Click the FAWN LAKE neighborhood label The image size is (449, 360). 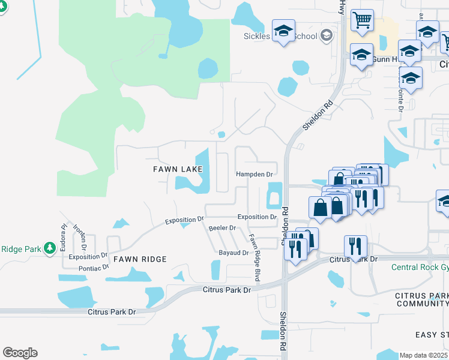177,170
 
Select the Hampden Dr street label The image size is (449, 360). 254,175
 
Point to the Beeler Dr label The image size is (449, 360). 222,228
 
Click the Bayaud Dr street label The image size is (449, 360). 234,253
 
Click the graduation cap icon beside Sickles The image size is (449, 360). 283,31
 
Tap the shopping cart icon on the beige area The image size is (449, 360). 362,20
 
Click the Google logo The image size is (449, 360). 20,353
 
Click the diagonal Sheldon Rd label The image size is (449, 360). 317,115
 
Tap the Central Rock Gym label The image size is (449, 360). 420,268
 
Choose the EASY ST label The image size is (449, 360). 432,334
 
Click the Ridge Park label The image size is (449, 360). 20,249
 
